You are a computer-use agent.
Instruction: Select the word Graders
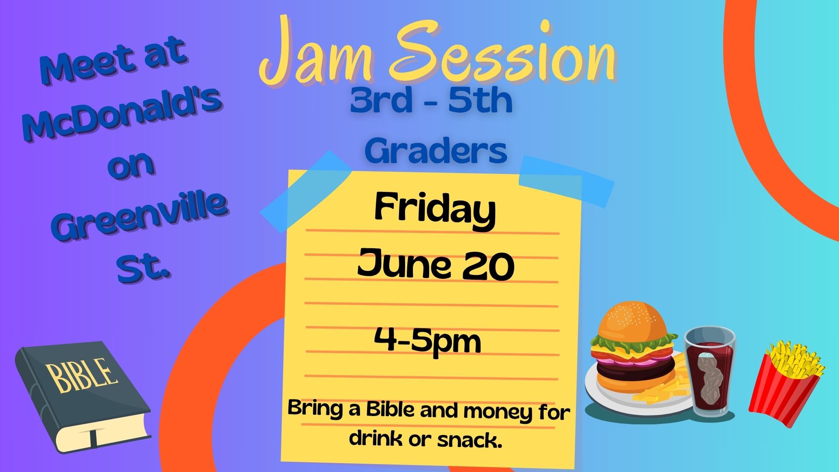[436, 151]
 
